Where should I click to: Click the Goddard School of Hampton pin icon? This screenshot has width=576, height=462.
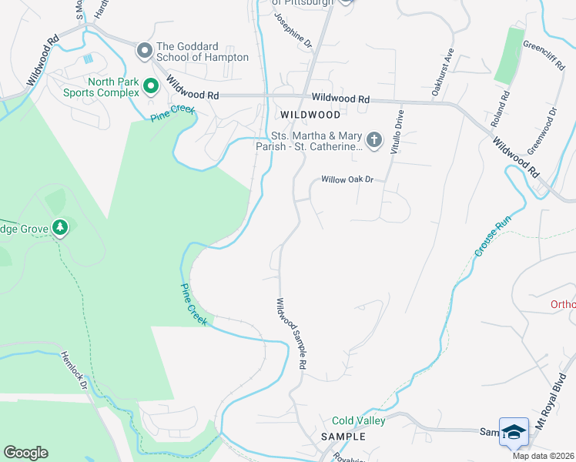[144, 52]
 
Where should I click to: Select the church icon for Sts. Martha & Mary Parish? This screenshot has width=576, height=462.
[374, 140]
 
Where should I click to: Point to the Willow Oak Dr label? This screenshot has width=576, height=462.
[347, 179]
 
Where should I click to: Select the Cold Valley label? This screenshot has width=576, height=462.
[358, 421]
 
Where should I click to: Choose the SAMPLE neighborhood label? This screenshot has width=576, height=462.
[343, 437]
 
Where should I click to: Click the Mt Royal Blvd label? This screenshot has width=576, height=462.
[561, 419]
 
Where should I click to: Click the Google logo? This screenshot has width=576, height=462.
[25, 453]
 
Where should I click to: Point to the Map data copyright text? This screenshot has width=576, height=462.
[544, 456]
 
